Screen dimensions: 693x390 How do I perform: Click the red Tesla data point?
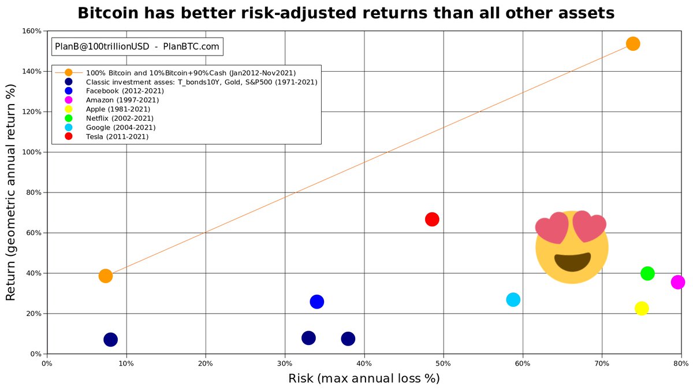coord(432,220)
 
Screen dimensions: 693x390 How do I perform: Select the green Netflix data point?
coord(647,273)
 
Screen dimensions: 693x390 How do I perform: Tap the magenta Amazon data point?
coord(677,282)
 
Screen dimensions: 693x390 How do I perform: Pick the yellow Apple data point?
coord(642,309)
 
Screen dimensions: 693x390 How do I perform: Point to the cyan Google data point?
coord(513,300)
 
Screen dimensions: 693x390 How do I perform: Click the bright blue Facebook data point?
coord(317,302)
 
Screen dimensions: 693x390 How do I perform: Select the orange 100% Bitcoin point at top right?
coord(633,44)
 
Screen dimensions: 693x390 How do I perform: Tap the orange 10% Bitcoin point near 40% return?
coord(106,276)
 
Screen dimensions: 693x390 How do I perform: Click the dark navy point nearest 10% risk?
coord(110,340)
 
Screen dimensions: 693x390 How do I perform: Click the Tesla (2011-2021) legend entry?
coord(117,136)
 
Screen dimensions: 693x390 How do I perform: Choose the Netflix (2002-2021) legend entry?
coord(120,118)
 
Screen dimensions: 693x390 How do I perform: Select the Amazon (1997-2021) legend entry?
coord(122,100)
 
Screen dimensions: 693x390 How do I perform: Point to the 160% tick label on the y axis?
coord(32,31)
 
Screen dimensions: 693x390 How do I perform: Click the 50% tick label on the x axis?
coord(444,363)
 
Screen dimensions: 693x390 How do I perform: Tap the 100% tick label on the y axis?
coord(32,153)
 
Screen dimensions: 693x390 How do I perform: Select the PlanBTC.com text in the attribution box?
coord(191,46)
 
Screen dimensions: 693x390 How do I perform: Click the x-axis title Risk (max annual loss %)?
coord(364,378)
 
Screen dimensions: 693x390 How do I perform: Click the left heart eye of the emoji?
coord(552,228)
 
